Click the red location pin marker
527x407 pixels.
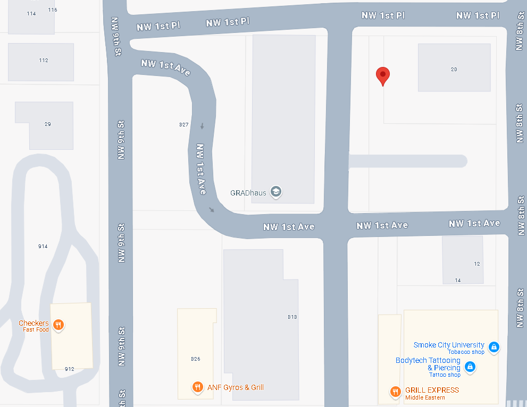382,76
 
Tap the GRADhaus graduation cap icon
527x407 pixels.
275,192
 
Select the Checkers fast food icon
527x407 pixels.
59,325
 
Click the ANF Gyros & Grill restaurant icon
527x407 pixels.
197,387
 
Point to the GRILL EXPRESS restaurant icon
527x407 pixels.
395,392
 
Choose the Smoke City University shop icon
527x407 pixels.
494,347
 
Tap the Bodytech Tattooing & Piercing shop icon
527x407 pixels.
470,366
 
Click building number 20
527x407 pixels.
454,70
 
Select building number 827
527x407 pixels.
184,124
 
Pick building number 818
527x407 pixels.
292,317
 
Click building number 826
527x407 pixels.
195,359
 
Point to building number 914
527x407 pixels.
43,247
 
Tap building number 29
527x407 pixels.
47,124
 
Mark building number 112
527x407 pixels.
44,61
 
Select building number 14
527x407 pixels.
458,280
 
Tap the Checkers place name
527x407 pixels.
34,323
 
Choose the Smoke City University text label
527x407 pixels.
449,345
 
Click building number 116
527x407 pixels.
52,10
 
